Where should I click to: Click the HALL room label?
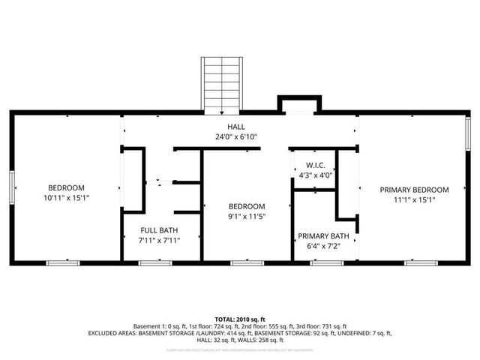click(236, 127)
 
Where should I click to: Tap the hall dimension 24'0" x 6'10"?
click(236, 138)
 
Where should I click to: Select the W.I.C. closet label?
click(313, 165)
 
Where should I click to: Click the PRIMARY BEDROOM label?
click(413, 190)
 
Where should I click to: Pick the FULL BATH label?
click(160, 230)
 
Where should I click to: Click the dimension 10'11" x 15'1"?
click(67, 198)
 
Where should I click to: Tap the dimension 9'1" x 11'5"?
click(247, 216)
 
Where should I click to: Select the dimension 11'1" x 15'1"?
click(413, 199)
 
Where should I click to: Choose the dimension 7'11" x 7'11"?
click(160, 240)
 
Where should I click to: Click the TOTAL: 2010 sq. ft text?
click(240, 319)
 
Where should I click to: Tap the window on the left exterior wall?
click(12, 187)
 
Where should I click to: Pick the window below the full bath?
click(155, 263)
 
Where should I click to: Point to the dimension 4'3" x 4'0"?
click(313, 175)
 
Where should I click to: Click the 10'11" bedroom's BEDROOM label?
click(67, 187)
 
